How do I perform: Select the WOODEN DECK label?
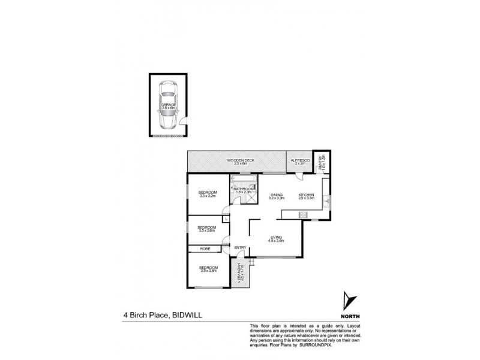(x=239, y=161)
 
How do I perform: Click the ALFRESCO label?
(x=300, y=161)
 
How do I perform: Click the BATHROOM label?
(x=243, y=190)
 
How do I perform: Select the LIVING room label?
(x=276, y=238)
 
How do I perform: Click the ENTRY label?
(x=239, y=248)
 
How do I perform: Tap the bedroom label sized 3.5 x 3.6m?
(x=208, y=269)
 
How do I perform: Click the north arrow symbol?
(x=347, y=299)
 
